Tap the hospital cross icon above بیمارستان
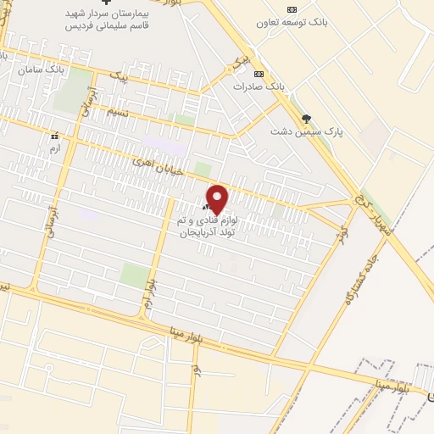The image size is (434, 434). coord(105,3)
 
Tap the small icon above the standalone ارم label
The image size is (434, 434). coord(55,135)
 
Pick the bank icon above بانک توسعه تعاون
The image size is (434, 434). coord(292,8)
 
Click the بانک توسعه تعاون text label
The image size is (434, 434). coord(292,21)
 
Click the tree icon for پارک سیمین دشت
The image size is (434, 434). coord(306,119)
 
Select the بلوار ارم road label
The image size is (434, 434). coord(149,292)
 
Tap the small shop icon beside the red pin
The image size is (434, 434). coord(207,208)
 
